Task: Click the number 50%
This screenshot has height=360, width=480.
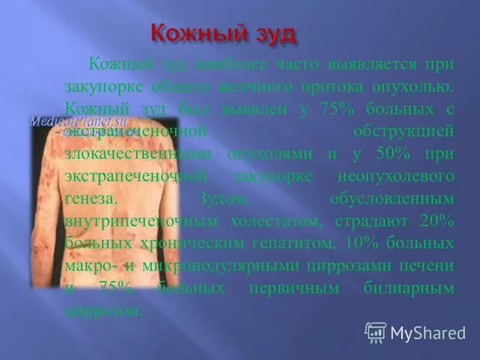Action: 394,153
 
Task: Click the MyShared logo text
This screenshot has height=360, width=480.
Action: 427,332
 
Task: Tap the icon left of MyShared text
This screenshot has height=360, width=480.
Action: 376,332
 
